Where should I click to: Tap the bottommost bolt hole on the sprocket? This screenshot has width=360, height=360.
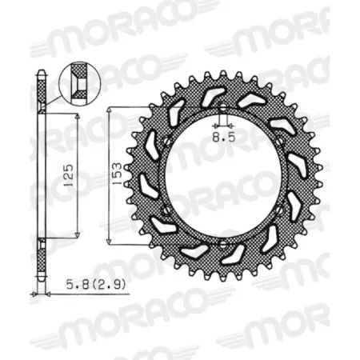[x=222, y=243]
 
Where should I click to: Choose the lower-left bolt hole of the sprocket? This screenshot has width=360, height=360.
[x=166, y=210]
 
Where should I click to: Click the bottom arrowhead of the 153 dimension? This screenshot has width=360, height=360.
[x=110, y=242]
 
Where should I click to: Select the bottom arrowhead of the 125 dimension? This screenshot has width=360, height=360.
[x=77, y=233]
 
